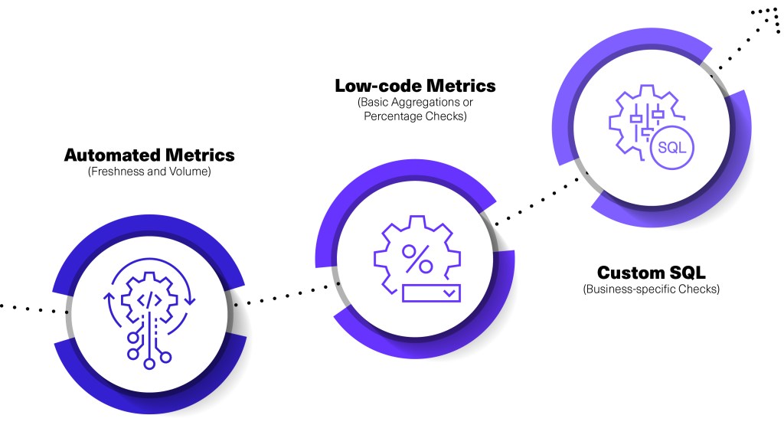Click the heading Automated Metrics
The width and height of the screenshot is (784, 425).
[149, 155]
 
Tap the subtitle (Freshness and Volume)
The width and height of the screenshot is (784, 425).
[149, 172]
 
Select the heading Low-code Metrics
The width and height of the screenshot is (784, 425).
[415, 86]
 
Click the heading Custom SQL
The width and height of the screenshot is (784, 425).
[651, 273]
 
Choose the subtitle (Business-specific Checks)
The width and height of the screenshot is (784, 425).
[651, 289]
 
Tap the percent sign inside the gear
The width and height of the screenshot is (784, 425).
[417, 259]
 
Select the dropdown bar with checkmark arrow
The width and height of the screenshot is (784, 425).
[430, 293]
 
